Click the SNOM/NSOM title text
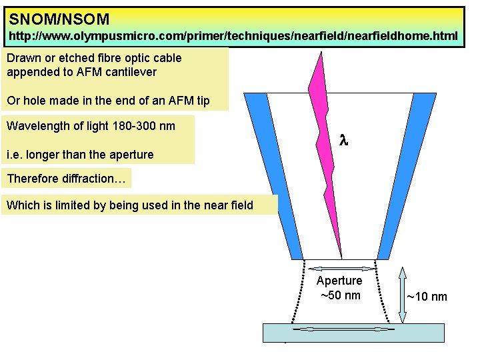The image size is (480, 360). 59,19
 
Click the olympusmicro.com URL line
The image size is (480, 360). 233,36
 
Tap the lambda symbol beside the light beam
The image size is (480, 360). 344,141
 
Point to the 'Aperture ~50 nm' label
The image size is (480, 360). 339,288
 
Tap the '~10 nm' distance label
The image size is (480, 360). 427,297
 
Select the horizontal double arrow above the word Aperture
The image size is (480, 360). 339,268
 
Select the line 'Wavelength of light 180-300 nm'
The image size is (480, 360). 91,126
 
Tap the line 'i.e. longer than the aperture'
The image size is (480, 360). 80,155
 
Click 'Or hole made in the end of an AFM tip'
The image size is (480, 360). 108,101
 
